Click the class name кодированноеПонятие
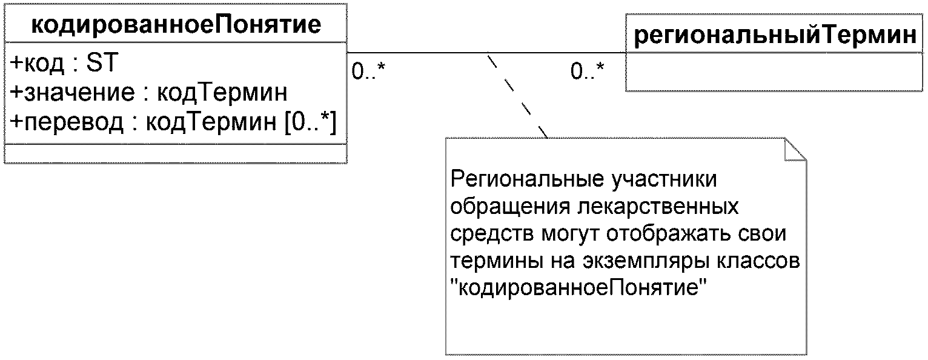(176, 25)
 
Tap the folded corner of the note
(796, 148)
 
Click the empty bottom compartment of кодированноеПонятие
(176, 153)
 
